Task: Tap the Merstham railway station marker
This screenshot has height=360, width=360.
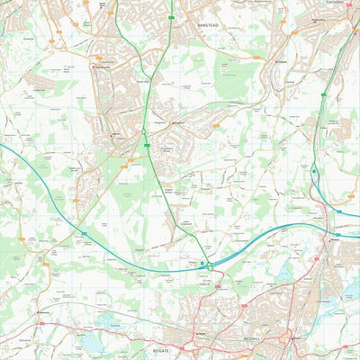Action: click(334, 239)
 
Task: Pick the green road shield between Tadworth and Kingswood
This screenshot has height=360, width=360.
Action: click(143, 132)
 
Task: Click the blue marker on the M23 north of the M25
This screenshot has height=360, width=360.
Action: click(315, 168)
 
